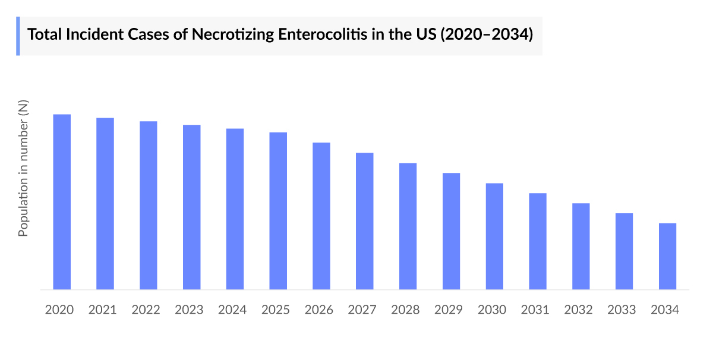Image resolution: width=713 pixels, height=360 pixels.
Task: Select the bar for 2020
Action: (x=62, y=202)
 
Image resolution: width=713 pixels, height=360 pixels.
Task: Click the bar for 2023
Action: (x=192, y=207)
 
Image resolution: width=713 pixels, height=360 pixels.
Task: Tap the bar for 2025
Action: (x=278, y=211)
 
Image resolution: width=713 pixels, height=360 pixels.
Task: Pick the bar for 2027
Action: (x=365, y=221)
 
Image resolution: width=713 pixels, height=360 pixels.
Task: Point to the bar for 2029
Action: (x=451, y=231)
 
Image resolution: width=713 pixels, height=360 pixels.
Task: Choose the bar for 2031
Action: (x=538, y=241)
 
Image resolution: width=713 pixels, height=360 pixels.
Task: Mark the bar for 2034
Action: (x=667, y=256)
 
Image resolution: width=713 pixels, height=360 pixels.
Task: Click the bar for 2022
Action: (x=149, y=206)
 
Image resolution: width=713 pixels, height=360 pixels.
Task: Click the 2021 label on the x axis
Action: (x=103, y=310)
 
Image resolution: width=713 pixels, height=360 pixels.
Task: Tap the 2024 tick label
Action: (x=232, y=310)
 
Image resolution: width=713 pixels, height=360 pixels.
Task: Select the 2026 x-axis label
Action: (x=319, y=310)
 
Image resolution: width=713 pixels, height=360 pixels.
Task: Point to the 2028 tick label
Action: (x=405, y=310)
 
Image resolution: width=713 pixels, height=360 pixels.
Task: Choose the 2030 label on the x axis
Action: (x=492, y=310)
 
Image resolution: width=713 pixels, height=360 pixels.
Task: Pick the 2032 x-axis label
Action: (x=578, y=310)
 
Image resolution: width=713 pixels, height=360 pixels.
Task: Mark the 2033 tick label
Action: (x=621, y=310)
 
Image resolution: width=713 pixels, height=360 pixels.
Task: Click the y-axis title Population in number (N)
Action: (x=23, y=168)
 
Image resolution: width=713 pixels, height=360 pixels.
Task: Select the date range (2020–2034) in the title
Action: (x=486, y=34)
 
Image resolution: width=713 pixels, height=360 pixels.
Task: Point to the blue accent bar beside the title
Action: (x=18, y=36)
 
